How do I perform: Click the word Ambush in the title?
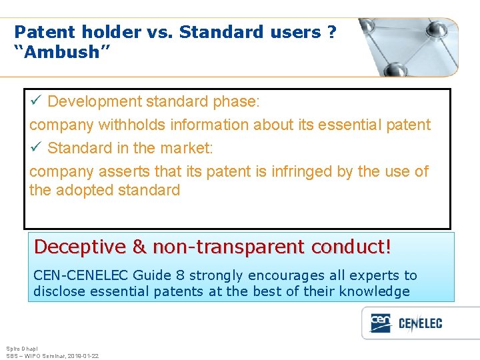pos(57,52)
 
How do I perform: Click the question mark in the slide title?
pos(332,32)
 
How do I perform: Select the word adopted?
pos(85,190)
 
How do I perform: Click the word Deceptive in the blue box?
pos(80,247)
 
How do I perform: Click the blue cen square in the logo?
pos(381,323)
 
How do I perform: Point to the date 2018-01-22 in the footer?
pos(83,356)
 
